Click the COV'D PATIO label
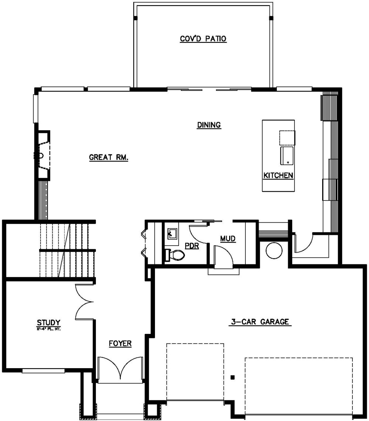tap(203, 39)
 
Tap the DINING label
tap(209, 125)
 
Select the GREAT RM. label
tap(108, 158)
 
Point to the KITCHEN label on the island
tap(278, 175)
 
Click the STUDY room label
tap(48, 322)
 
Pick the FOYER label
tap(120, 344)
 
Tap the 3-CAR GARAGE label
tap(260, 322)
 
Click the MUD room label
tap(228, 239)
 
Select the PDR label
tap(192, 246)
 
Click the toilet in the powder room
tap(175, 254)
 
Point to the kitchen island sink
tap(287, 155)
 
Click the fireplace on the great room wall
tap(42, 155)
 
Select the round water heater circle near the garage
tap(274, 251)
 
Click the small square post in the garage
tap(232, 377)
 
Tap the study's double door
tap(85, 301)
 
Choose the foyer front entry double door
tap(120, 368)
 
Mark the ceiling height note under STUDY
tap(48, 328)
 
